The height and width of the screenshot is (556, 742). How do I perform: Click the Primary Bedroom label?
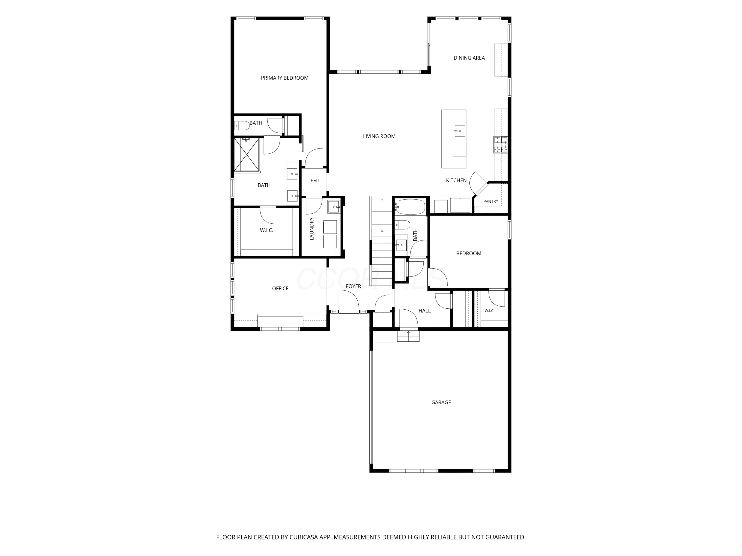[284, 78]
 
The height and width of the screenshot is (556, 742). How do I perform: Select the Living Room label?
[379, 136]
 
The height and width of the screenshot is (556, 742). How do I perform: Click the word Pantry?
[490, 202]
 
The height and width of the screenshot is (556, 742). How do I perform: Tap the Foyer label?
[353, 286]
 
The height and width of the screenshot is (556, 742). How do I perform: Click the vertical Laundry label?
[312, 229]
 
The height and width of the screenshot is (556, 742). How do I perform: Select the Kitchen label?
[456, 181]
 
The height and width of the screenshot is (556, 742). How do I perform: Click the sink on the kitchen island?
[460, 131]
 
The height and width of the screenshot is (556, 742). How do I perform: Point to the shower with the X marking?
[247, 154]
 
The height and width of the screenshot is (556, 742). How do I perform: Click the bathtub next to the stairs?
[410, 207]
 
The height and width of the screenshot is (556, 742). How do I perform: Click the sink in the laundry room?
[334, 207]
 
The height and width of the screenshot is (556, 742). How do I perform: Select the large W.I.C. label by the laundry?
[266, 231]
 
